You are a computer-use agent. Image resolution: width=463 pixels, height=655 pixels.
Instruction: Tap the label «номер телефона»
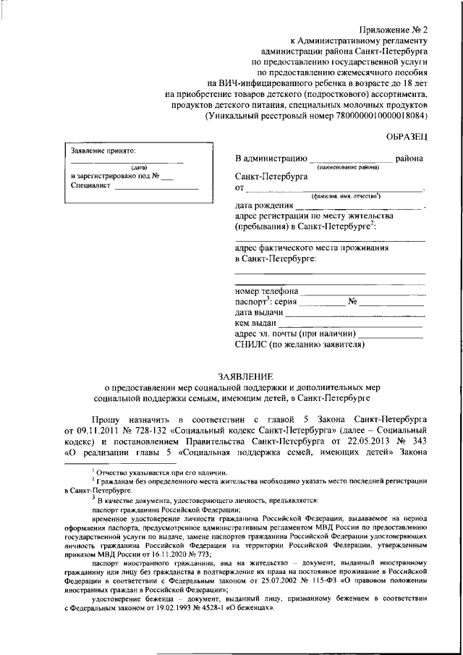(266, 292)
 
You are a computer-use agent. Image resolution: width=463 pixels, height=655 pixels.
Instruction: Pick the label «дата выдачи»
(259, 313)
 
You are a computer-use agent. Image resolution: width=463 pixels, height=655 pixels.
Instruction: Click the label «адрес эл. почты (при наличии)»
(295, 334)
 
